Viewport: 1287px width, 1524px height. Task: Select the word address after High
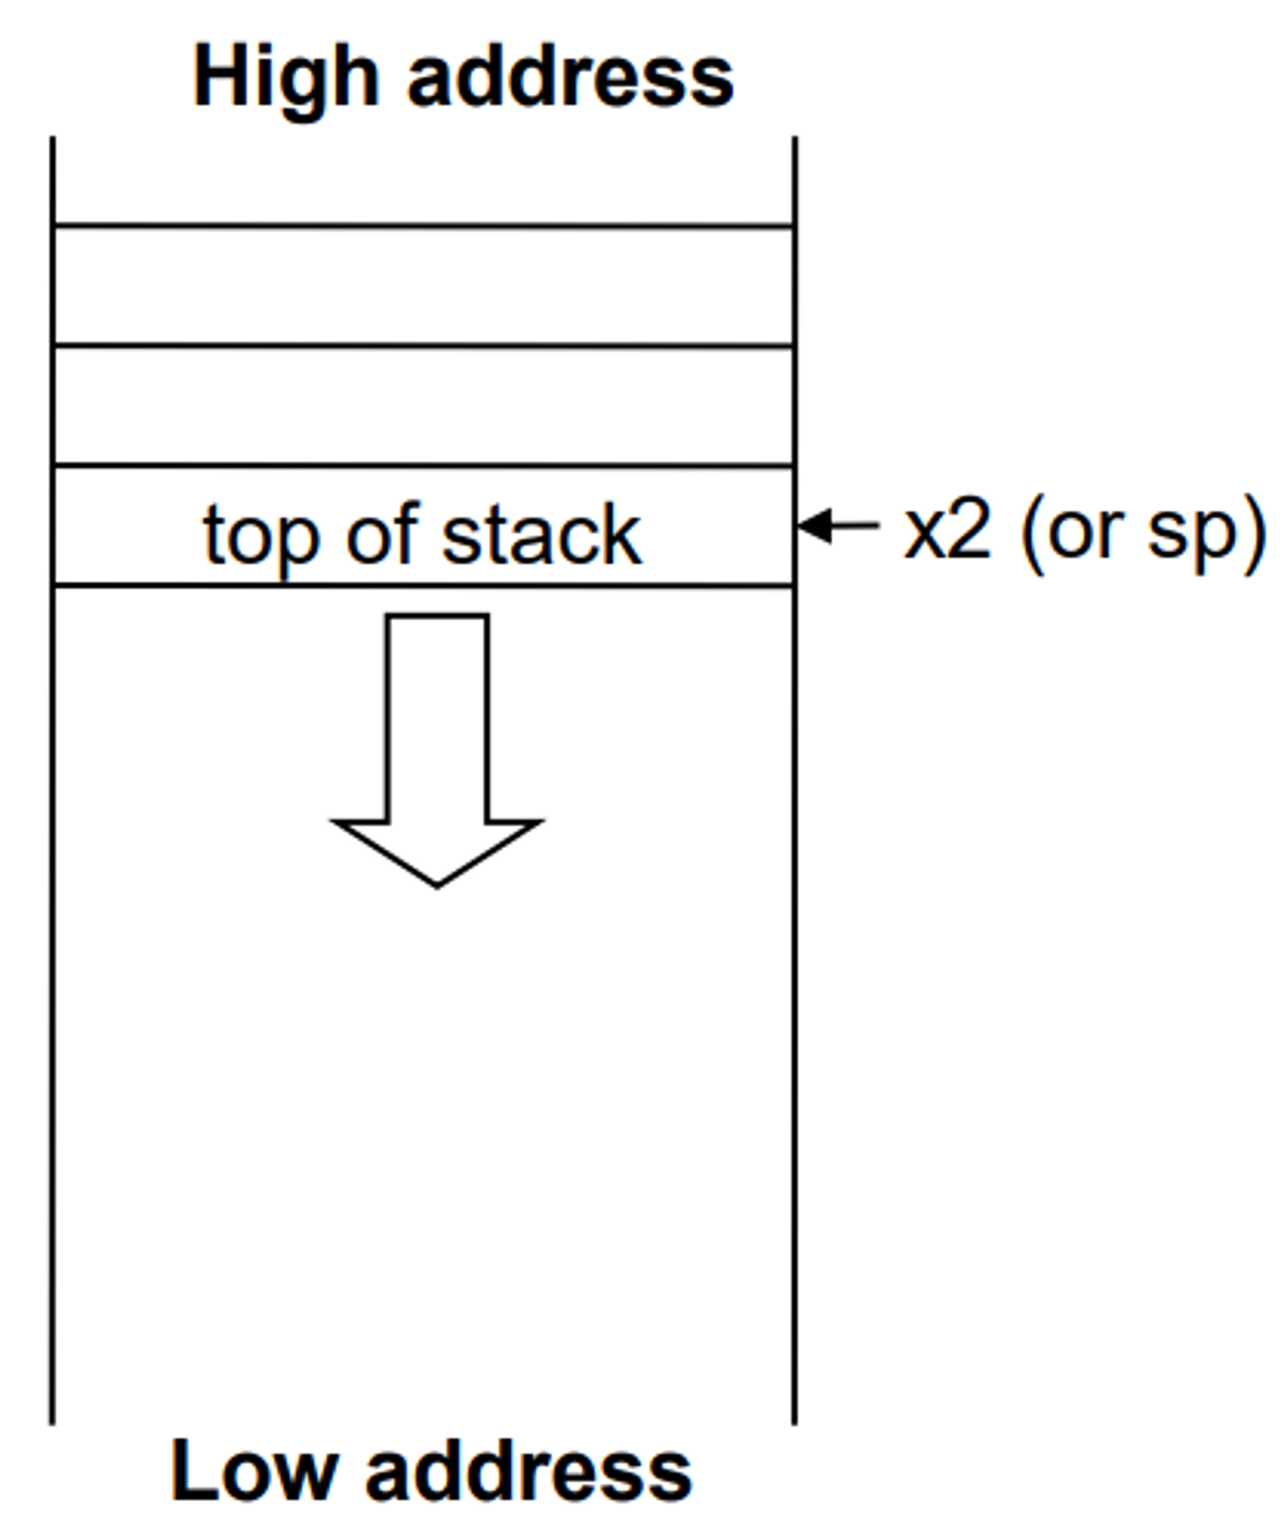click(571, 77)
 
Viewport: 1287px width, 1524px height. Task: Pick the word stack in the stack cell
click(541, 534)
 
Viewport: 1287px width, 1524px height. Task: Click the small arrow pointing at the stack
click(838, 525)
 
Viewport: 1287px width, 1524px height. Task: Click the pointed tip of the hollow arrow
click(437, 884)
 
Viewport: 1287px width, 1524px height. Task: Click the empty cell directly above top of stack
click(423, 405)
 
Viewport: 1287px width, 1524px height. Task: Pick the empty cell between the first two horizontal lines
click(423, 285)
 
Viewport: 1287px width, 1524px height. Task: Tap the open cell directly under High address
click(423, 181)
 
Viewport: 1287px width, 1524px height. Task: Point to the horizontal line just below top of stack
click(423, 585)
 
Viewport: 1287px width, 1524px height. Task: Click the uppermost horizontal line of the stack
click(423, 226)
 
